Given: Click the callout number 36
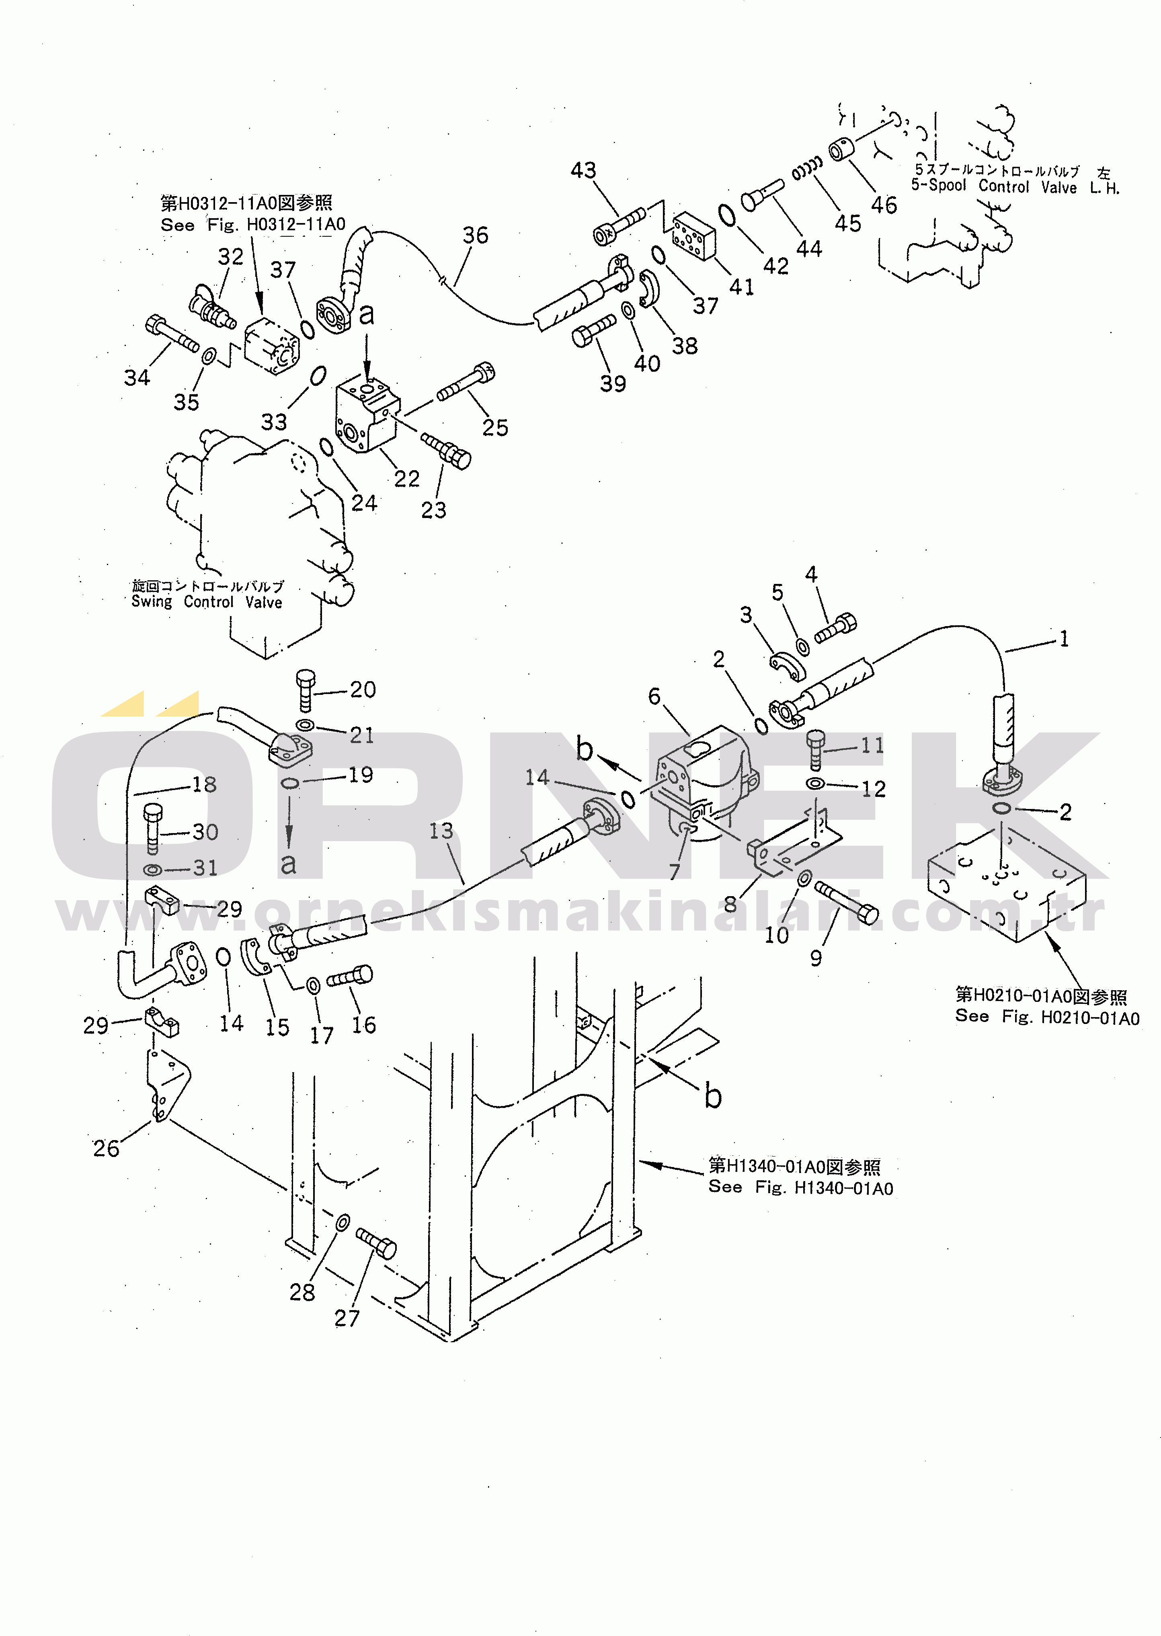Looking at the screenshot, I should tap(476, 235).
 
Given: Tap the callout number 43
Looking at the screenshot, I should tap(583, 170).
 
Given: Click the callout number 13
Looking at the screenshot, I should tap(441, 831).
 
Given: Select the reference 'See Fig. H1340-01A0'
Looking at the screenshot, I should tap(801, 1188).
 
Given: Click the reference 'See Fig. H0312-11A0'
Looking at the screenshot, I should tap(253, 224).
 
